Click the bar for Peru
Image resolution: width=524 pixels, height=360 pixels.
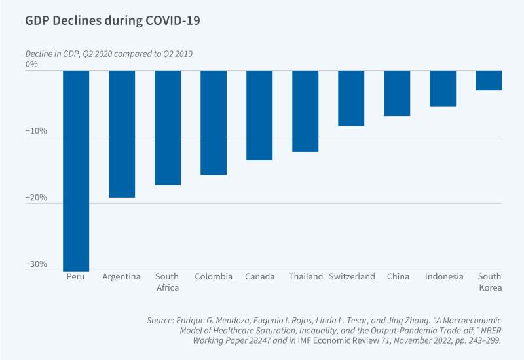tap(76, 170)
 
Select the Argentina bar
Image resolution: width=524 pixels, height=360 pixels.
tap(122, 134)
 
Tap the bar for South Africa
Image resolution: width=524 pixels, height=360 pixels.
tap(168, 128)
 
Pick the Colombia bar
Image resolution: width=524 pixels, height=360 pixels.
tap(214, 122)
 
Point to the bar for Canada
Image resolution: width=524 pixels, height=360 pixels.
tap(259, 115)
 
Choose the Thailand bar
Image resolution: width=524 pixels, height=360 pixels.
tap(305, 111)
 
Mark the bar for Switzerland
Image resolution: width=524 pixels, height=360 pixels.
tap(351, 98)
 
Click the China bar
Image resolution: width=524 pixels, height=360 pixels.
tap(397, 93)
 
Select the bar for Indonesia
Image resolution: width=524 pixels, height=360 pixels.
tap(443, 88)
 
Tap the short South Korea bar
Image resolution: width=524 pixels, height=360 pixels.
tap(489, 81)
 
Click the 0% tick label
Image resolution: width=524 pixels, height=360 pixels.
tap(31, 65)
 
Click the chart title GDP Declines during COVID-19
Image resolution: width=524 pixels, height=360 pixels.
tap(112, 20)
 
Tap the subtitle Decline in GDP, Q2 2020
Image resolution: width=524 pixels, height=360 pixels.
tap(109, 53)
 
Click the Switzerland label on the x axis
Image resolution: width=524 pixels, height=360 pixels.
tap(352, 276)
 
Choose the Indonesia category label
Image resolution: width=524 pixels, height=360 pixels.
tap(443, 276)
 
